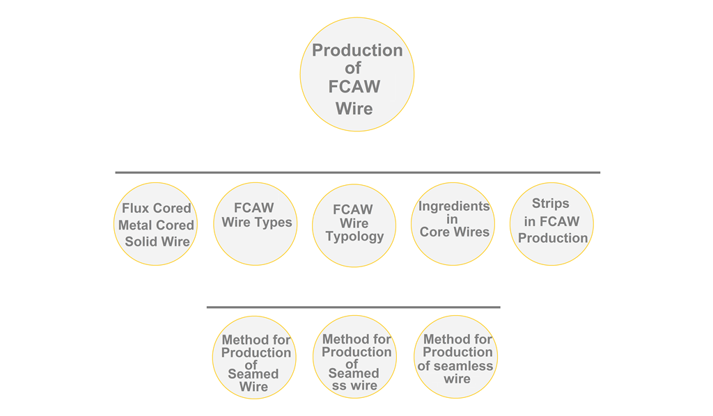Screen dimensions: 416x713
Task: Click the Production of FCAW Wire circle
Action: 356,74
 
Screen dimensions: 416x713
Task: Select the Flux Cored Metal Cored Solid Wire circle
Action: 155,224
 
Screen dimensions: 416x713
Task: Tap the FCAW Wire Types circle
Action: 255,224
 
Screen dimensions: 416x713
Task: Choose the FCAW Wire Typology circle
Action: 354,225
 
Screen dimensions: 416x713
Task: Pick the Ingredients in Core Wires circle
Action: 453,224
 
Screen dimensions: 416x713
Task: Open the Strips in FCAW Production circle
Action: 552,224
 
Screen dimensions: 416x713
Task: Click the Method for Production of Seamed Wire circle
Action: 253,358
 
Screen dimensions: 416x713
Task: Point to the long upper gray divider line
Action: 357,172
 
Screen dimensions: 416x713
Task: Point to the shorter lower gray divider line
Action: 353,307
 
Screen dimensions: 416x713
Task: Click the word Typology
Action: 354,237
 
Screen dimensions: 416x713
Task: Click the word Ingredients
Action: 454,207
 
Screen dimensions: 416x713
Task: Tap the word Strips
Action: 551,204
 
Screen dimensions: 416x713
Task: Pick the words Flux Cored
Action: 156,209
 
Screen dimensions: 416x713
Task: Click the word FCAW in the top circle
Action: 354,88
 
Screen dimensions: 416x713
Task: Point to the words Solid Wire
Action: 157,242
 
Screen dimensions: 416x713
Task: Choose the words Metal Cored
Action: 156,225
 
